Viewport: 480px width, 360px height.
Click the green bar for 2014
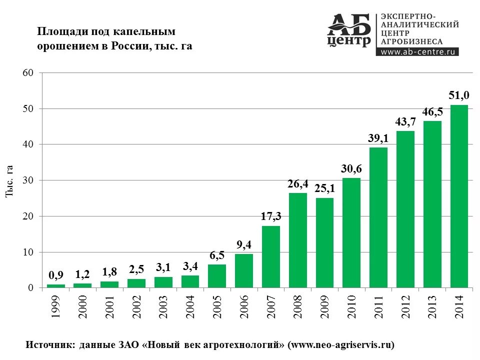pyautogui.click(x=459, y=196)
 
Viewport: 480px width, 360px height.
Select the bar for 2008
pyautogui.click(x=298, y=240)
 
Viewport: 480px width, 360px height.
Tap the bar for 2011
pyautogui.click(x=378, y=217)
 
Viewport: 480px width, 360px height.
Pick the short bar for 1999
pyautogui.click(x=55, y=286)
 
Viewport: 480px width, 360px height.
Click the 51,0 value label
pyautogui.click(x=459, y=95)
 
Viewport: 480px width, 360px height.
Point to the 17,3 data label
pyautogui.click(x=271, y=216)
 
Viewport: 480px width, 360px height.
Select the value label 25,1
pyautogui.click(x=325, y=188)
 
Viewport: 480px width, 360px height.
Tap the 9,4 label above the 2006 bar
pyautogui.click(x=244, y=244)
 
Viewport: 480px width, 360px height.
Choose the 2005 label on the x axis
pyautogui.click(x=217, y=307)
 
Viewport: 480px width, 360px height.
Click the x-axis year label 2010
pyautogui.click(x=352, y=307)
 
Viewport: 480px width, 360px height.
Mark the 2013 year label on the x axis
pyautogui.click(x=432, y=307)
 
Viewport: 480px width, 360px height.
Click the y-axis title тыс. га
pyautogui.click(x=9, y=180)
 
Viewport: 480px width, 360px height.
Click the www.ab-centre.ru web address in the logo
pyautogui.click(x=417, y=51)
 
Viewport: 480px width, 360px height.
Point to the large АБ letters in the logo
pyautogui.click(x=350, y=23)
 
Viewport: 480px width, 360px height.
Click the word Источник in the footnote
pyautogui.click(x=49, y=344)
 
